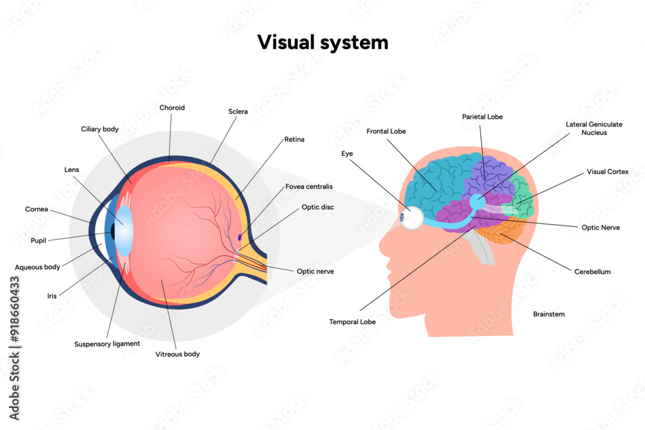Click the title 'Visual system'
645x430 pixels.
coord(322,43)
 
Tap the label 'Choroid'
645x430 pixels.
coord(172,108)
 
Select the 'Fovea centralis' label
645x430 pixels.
coord(309,186)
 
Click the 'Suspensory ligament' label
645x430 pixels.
coord(107,344)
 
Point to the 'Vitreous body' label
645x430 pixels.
coord(177,354)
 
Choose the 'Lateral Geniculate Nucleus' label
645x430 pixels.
coord(593,128)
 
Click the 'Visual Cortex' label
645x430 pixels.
coord(608,172)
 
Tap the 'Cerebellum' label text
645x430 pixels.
coord(592,271)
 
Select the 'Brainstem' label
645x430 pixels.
coord(549,314)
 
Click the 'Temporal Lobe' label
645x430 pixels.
coord(352,321)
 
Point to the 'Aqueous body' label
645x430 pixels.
coord(37,266)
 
